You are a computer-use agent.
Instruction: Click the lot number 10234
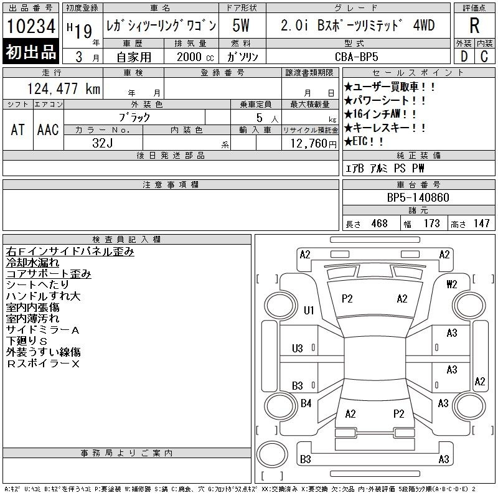tap(31, 26)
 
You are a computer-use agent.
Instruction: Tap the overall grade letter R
tap(474, 26)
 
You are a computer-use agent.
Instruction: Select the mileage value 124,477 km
tap(63, 88)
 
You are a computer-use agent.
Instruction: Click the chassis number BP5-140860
tap(418, 197)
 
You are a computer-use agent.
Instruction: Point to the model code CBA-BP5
tap(356, 57)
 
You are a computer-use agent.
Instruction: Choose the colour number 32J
tap(103, 143)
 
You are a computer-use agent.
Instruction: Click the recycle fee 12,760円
tap(314, 144)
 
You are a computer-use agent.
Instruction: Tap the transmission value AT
tap(18, 129)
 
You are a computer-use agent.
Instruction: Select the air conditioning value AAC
tap(48, 129)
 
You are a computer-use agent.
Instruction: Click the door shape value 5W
tap(241, 26)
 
